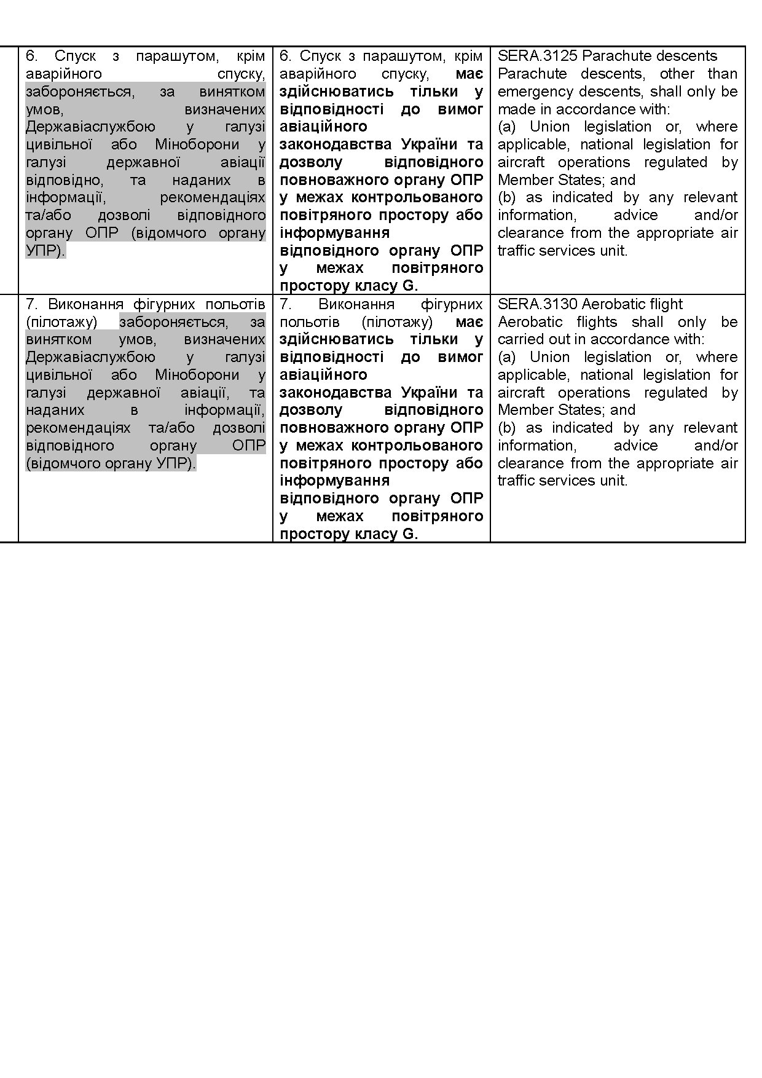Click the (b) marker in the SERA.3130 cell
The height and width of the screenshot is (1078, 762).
click(x=507, y=428)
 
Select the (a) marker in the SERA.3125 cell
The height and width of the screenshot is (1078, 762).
click(x=507, y=127)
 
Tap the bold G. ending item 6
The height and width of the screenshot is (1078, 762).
click(x=410, y=286)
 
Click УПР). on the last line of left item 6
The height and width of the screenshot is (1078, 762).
click(x=45, y=251)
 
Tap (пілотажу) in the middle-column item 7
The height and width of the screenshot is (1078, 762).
click(x=397, y=322)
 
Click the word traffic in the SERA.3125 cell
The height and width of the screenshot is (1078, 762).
click(x=517, y=251)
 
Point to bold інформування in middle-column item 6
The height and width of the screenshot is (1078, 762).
click(x=334, y=233)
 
